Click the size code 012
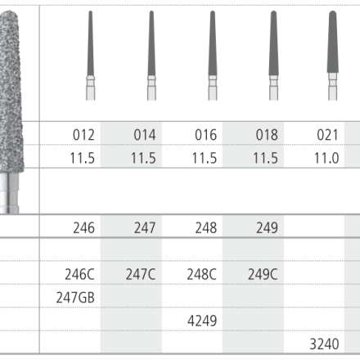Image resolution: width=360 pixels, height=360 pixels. click(83, 135)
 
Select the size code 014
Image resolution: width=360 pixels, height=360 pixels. click(145, 135)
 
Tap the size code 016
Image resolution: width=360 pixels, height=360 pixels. click(206, 135)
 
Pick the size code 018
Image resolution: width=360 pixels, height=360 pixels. click(267, 135)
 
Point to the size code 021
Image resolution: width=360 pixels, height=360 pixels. click(327, 135)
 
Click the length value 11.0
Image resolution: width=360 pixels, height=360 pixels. click(326, 158)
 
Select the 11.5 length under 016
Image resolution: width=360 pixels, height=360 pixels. click(205, 158)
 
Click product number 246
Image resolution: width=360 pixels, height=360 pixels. click(84, 227)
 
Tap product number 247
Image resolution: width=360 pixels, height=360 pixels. click(145, 227)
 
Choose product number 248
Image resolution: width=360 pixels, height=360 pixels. click(206, 227)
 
